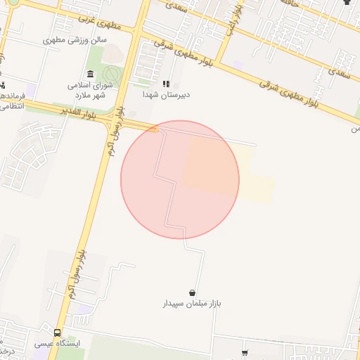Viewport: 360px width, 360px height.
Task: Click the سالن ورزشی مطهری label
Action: [x=75, y=39]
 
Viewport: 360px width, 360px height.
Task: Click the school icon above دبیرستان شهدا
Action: [x=167, y=84]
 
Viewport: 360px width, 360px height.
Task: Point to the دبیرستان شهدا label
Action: [x=167, y=94]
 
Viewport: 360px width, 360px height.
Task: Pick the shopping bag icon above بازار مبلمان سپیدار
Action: [x=192, y=292]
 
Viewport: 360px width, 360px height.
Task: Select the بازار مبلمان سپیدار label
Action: [x=193, y=304]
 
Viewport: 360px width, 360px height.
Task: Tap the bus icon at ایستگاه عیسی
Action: [x=57, y=333]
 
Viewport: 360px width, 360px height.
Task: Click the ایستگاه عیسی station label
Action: [x=58, y=345]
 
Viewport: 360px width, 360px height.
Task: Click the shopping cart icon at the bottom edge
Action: [x=245, y=354]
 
